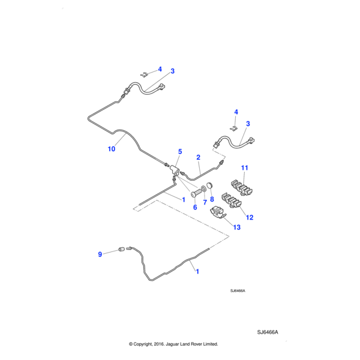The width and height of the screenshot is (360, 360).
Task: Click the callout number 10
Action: tap(111, 149)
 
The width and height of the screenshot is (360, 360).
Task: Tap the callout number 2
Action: tap(198, 157)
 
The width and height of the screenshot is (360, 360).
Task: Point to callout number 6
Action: tap(194, 207)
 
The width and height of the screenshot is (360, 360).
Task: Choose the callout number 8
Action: tap(212, 199)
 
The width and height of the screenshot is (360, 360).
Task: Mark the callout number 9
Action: tap(100, 254)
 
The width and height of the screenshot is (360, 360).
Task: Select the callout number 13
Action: tap(236, 227)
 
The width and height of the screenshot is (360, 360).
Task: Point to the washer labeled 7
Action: tap(205, 189)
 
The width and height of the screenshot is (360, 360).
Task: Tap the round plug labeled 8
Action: tap(211, 185)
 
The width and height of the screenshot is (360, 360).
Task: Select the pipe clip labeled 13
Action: tap(217, 212)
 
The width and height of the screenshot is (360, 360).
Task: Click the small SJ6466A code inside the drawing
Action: tap(238, 290)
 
